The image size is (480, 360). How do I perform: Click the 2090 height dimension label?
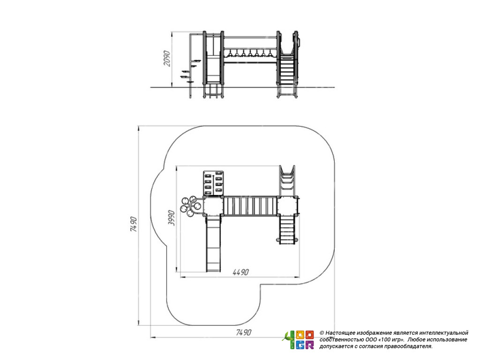coord(167,58)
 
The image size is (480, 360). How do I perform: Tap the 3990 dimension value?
coord(172,218)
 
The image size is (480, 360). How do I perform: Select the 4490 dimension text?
coord(240,272)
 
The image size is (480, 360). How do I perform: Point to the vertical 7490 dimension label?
coord(134,224)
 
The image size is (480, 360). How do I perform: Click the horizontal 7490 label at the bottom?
coord(244,332)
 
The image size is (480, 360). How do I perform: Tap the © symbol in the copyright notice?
coord(322,333)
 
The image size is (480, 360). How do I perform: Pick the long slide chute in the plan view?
coord(213,243)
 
